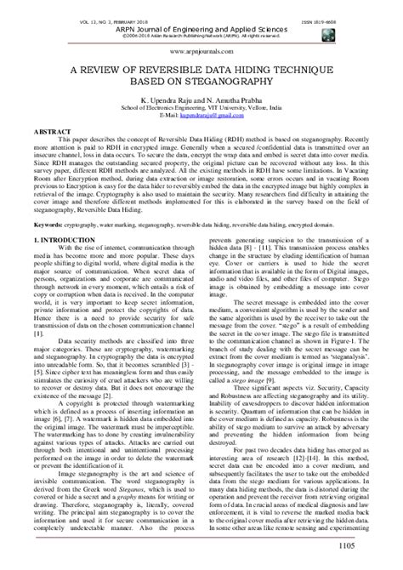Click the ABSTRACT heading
pos(41,134)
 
